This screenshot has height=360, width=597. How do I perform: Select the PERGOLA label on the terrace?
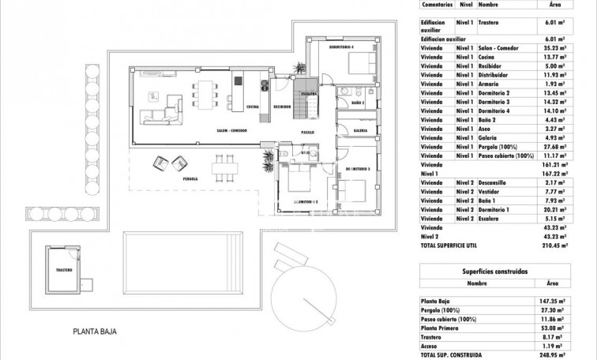[190, 179]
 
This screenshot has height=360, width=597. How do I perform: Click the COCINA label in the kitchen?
[253, 107]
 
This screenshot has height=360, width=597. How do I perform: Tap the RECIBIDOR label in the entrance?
[283, 107]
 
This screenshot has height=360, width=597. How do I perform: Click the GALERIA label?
[361, 131]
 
